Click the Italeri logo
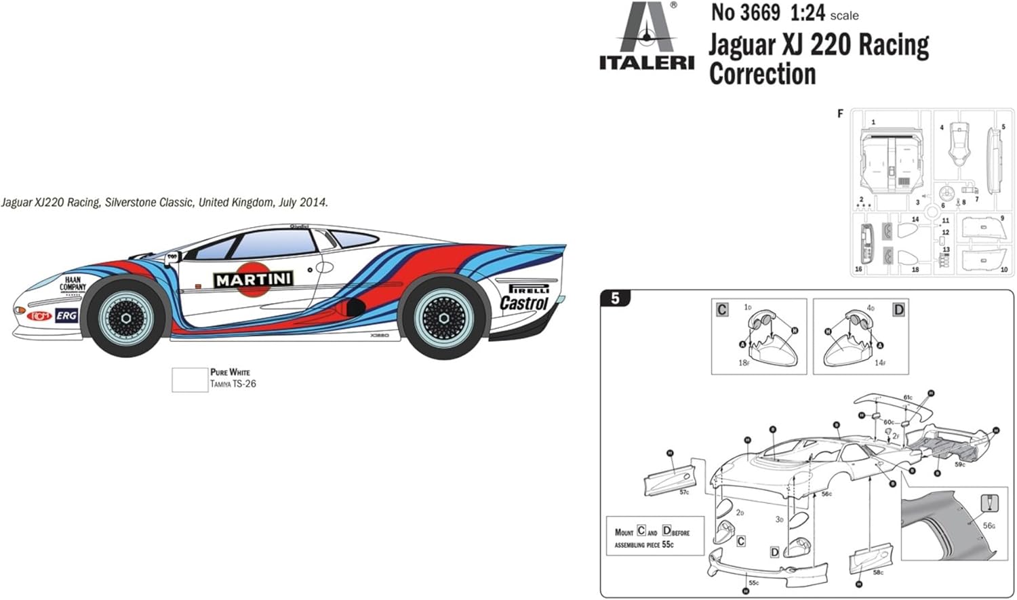(x=646, y=37)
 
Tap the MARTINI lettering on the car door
(x=254, y=279)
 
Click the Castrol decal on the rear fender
(x=523, y=303)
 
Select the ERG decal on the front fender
(x=66, y=316)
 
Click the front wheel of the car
(x=126, y=318)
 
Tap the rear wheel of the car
(x=444, y=318)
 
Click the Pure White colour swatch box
(x=189, y=380)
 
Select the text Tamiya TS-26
(x=233, y=384)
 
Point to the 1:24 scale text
(x=806, y=13)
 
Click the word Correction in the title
(x=762, y=74)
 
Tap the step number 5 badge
(x=615, y=298)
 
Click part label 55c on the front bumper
(x=753, y=582)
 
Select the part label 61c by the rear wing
(x=907, y=398)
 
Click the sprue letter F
(x=840, y=113)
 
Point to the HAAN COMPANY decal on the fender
(x=73, y=283)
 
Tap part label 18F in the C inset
(x=743, y=363)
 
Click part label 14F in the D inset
(x=879, y=363)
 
